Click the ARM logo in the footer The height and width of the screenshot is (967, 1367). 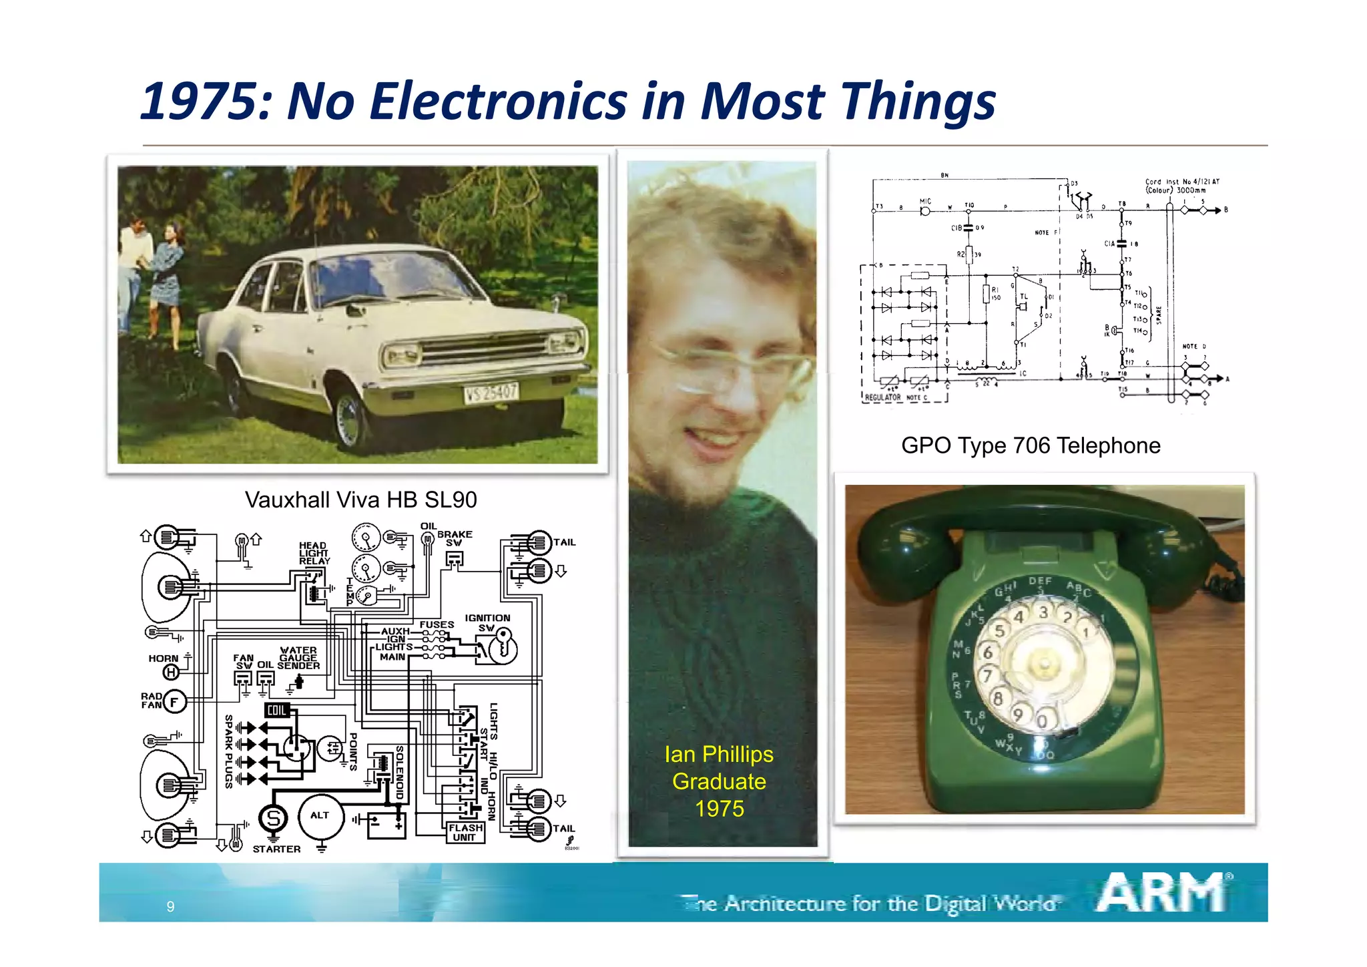(x=1162, y=892)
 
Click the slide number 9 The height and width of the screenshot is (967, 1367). (x=170, y=906)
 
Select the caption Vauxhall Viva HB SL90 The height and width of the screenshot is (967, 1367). (x=360, y=500)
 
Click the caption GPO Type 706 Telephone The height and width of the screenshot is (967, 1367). (x=1031, y=445)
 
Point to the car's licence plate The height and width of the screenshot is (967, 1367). (x=491, y=393)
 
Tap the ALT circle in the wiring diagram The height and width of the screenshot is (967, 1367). (x=320, y=815)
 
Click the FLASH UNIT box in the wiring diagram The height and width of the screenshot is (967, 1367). (x=465, y=832)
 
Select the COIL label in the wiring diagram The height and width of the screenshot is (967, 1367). (x=276, y=711)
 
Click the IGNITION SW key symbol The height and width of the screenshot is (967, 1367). (x=503, y=646)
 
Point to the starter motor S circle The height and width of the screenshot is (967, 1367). (x=272, y=818)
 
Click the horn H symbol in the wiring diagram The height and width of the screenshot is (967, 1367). (x=172, y=672)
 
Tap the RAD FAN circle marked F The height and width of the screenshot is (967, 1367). (x=175, y=701)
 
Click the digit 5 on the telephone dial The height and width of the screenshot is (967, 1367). (x=999, y=630)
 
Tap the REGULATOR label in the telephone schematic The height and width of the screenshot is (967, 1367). (x=882, y=397)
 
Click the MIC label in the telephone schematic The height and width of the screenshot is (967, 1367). (x=924, y=202)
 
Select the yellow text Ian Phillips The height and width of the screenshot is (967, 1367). (x=719, y=754)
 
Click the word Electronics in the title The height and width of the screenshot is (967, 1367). (x=499, y=102)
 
